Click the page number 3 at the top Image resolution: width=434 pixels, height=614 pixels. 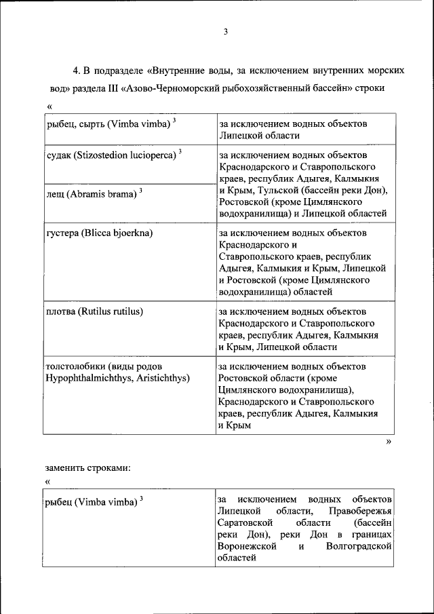click(x=226, y=32)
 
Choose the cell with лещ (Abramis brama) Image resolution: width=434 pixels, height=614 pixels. click(x=94, y=193)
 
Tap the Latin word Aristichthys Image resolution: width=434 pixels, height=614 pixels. click(x=161, y=378)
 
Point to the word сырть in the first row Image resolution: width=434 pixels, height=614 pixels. click(x=91, y=123)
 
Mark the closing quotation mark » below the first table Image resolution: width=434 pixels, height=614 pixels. click(x=389, y=442)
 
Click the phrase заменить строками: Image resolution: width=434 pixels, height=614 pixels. click(x=87, y=467)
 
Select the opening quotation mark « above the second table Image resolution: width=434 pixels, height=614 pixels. click(x=49, y=481)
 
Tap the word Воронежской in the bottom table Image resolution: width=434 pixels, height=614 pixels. click(x=248, y=547)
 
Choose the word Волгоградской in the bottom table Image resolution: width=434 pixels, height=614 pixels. click(x=359, y=547)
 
